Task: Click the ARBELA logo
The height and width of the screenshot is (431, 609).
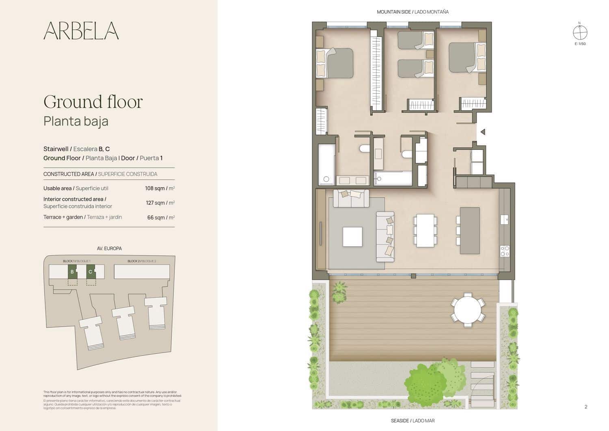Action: [x=81, y=30]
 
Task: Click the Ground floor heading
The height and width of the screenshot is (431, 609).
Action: [x=93, y=102]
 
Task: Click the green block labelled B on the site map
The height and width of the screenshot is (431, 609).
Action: [x=72, y=271]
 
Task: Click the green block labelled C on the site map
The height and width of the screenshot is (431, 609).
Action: [x=91, y=271]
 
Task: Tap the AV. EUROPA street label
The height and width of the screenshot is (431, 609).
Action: [x=109, y=248]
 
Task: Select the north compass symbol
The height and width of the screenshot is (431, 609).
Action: [x=580, y=32]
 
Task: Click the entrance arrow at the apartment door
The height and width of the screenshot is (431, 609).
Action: [x=483, y=132]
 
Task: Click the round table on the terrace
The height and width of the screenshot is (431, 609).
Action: [x=468, y=310]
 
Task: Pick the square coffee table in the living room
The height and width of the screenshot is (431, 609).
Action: [x=352, y=237]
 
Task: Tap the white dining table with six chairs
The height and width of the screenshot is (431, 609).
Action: [x=425, y=231]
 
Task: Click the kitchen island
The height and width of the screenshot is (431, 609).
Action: [x=470, y=230]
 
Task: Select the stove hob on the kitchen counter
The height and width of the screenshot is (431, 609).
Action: [x=505, y=251]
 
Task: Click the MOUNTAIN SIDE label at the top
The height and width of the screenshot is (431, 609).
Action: [x=412, y=12]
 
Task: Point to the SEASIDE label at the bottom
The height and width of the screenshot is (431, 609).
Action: [x=412, y=421]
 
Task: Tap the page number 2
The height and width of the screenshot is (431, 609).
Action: [x=585, y=407]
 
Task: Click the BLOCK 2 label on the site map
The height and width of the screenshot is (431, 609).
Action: [x=142, y=261]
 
